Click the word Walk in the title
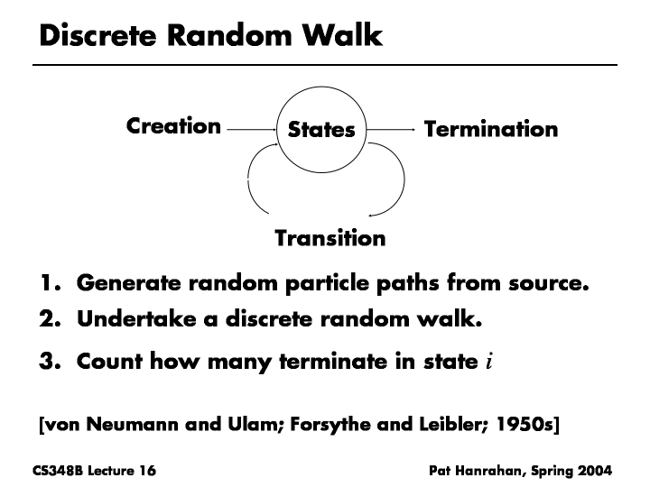[x=338, y=36]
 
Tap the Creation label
[x=173, y=126]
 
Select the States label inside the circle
[x=321, y=131]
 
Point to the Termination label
[x=491, y=130]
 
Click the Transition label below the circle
[x=330, y=239]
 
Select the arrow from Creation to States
[x=252, y=130]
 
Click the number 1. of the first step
[x=50, y=284]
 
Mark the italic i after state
[x=488, y=363]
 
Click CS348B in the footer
[x=57, y=471]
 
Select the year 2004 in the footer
[x=595, y=471]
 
